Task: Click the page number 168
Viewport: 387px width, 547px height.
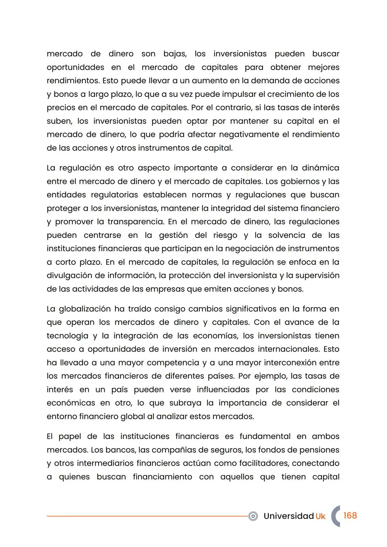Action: point(350,515)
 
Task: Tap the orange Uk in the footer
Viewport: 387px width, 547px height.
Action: point(320,516)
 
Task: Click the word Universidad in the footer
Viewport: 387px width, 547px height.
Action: point(288,516)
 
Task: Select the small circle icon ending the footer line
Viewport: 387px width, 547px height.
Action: point(253,516)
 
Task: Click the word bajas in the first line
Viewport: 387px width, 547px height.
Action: point(175,54)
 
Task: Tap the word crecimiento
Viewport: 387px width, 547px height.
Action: point(283,94)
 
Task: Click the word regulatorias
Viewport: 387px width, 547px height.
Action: point(114,195)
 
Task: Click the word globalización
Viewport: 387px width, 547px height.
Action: point(85,309)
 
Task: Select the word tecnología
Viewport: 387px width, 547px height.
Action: point(67,336)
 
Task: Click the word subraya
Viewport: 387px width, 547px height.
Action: point(185,403)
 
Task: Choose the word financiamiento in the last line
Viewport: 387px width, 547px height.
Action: point(162,477)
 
